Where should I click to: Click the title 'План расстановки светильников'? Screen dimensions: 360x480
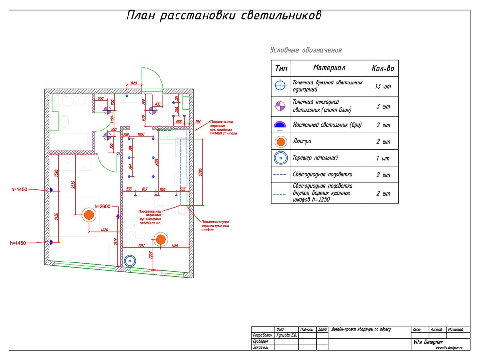pyautogui.click(x=224, y=16)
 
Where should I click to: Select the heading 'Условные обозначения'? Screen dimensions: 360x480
pyautogui.click(x=306, y=50)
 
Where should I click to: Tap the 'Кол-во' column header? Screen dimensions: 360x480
pyautogui.click(x=383, y=69)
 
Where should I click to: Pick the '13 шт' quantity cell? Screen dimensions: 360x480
pyautogui.click(x=383, y=87)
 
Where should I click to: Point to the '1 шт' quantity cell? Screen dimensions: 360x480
pyautogui.click(x=383, y=158)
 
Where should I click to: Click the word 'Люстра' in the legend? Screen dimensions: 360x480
pyautogui.click(x=302, y=141)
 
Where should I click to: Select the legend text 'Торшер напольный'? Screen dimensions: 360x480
pyautogui.click(x=316, y=158)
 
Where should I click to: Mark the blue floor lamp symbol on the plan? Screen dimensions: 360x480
pyautogui.click(x=129, y=261)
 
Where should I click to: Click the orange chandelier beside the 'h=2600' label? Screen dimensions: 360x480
pyautogui.click(x=88, y=215)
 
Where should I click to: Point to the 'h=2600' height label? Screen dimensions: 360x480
pyautogui.click(x=103, y=207)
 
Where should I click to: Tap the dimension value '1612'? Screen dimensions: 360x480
pyautogui.click(x=140, y=246)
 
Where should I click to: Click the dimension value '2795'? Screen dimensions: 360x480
pyautogui.click(x=199, y=172)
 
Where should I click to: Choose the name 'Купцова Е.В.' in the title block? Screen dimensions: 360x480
pyautogui.click(x=286, y=335)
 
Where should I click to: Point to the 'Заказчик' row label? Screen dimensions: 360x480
pyautogui.click(x=260, y=347)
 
